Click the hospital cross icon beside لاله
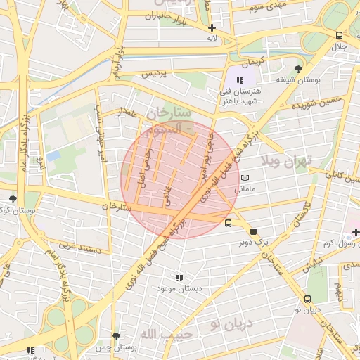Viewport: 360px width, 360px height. coord(212,28)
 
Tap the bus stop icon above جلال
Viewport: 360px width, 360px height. coord(340,35)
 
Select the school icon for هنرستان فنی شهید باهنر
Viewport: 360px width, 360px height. coord(239,81)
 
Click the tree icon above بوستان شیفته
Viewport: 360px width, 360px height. coord(299,70)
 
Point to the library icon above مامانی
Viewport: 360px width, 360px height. coord(245,179)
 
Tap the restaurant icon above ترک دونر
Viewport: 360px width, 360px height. coord(253,231)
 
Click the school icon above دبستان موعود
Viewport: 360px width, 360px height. coord(179,278)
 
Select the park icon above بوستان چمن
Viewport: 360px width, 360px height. coord(116,337)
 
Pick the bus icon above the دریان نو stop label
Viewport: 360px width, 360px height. coord(307,299)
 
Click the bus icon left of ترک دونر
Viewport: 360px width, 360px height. coord(228,224)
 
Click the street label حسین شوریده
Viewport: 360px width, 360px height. coord(311,105)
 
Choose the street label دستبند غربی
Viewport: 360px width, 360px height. coord(81,248)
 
